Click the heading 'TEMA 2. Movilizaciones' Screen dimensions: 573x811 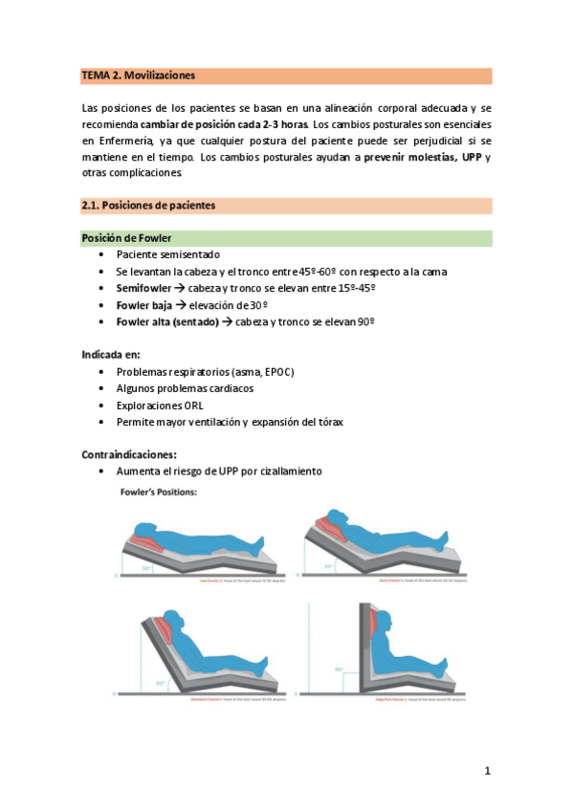pos(139,75)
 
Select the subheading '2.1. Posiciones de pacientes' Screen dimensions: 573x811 pos(148,205)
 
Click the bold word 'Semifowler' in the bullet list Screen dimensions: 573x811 pos(144,288)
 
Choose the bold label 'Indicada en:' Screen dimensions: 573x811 pos(111,354)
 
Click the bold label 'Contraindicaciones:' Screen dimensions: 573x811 pos(130,454)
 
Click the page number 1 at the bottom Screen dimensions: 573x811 pos(486,772)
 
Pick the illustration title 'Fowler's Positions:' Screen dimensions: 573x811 pos(158,493)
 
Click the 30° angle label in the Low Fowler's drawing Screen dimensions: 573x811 pos(145,568)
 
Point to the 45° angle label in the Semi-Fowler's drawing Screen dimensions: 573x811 pos(327,565)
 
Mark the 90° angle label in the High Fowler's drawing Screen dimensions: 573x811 pos(339,669)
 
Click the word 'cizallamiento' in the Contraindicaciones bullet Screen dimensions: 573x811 pos(293,471)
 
